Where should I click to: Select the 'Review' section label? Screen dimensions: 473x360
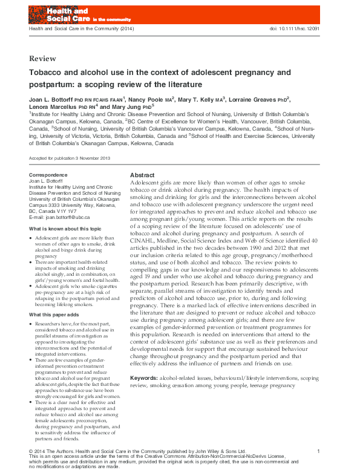click(42, 59)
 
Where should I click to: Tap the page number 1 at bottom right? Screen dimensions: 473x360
click(319, 451)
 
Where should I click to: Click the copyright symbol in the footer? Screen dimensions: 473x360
click(31, 452)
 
